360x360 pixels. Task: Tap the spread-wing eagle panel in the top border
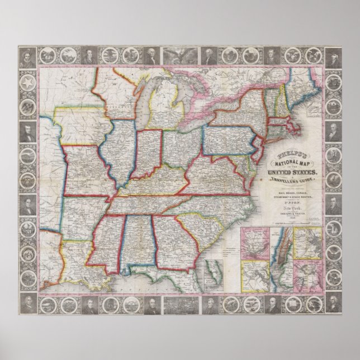(x=178, y=56)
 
